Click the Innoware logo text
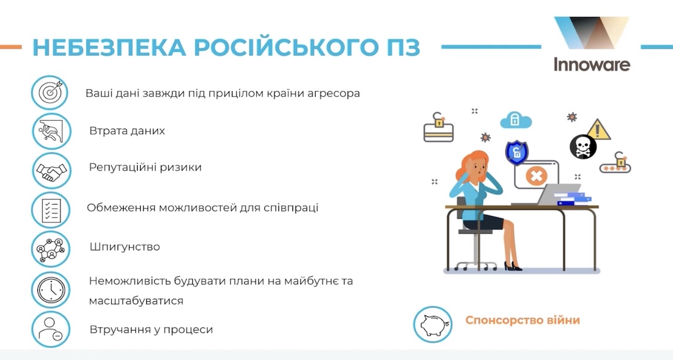pyautogui.click(x=592, y=64)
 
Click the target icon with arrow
pyautogui.click(x=51, y=92)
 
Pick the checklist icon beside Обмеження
pyautogui.click(x=51, y=209)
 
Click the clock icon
pyautogui.click(x=51, y=289)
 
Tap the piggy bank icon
pyautogui.click(x=433, y=323)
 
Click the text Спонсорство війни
pyautogui.click(x=522, y=320)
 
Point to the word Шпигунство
pyautogui.click(x=124, y=247)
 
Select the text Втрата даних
pyautogui.click(x=127, y=131)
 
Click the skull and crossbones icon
pyautogui.click(x=582, y=147)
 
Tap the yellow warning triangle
pyautogui.click(x=599, y=129)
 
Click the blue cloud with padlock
pyautogui.click(x=516, y=119)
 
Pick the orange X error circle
pyautogui.click(x=536, y=176)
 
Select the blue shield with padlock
pyautogui.click(x=516, y=152)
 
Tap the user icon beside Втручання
pyautogui.click(x=51, y=329)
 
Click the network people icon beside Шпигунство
pyautogui.click(x=51, y=249)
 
